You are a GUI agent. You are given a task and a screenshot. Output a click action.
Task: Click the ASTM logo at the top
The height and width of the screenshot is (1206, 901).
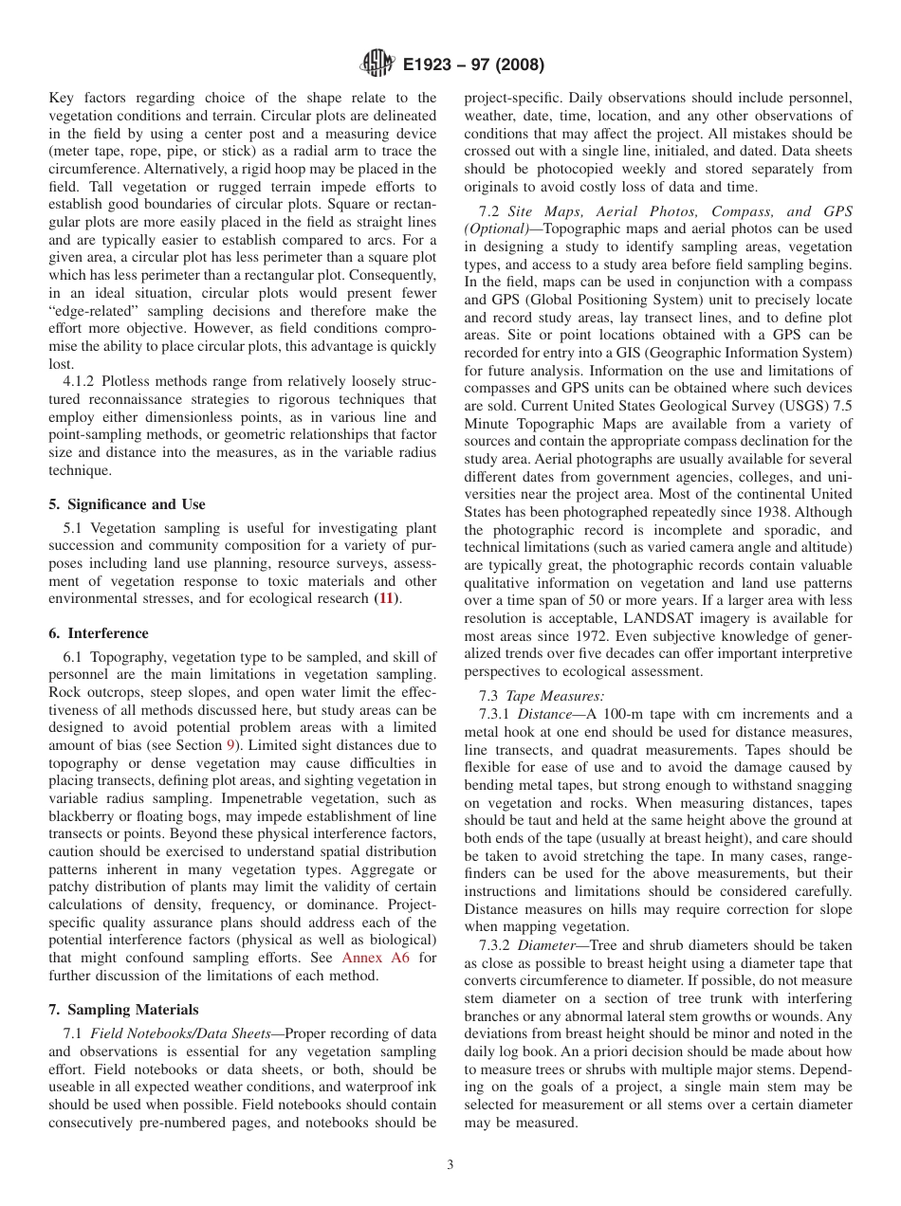click(377, 65)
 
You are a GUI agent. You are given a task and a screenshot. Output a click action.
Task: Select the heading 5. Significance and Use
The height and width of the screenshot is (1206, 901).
click(126, 504)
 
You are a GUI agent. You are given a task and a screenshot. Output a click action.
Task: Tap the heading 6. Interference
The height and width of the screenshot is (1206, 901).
click(99, 633)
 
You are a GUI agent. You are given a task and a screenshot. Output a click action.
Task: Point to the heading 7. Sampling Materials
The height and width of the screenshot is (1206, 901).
click(123, 1009)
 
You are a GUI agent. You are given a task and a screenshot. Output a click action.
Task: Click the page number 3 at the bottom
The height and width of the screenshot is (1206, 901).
click(450, 1164)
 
